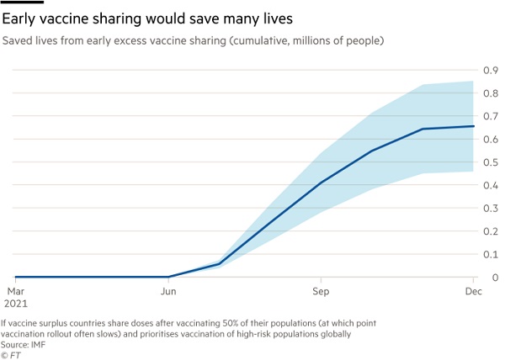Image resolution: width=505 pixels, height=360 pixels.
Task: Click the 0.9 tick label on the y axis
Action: pyautogui.click(x=490, y=70)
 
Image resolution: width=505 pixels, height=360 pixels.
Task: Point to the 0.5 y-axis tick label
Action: pyautogui.click(x=490, y=161)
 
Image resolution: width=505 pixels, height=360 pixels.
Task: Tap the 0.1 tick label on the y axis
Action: pyautogui.click(x=490, y=254)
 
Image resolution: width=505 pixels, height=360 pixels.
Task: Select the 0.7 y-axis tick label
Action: pyautogui.click(x=490, y=116)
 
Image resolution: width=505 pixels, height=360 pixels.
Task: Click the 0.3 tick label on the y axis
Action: pyautogui.click(x=490, y=208)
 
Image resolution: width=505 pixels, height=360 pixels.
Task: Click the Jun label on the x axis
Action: pyautogui.click(x=168, y=290)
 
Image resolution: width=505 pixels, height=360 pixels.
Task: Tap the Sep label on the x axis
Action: pyautogui.click(x=321, y=290)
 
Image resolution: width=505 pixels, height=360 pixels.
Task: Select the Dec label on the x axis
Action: pyautogui.click(x=472, y=290)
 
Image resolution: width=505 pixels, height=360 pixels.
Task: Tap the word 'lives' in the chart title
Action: pyautogui.click(x=279, y=17)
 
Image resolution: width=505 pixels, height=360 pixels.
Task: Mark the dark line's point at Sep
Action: pyautogui.click(x=321, y=182)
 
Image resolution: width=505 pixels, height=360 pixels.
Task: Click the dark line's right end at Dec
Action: pyautogui.click(x=474, y=126)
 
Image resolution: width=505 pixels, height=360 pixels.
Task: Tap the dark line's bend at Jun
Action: pyautogui.click(x=168, y=277)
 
